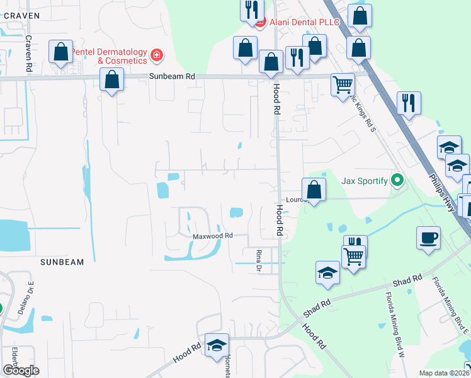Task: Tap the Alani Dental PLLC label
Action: [x=304, y=22]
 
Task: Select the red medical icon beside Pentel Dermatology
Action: [x=156, y=57]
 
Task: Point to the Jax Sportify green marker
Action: [x=397, y=181]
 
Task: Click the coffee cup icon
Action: [x=428, y=238]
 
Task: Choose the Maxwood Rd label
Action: [x=213, y=236]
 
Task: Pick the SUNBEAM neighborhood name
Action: [x=62, y=261]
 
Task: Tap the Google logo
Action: [x=21, y=370]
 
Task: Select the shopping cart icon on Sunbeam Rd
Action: [x=343, y=84]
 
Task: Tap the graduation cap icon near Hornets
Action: [x=217, y=345]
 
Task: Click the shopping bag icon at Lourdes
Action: [x=314, y=189]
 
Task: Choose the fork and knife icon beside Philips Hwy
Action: [x=409, y=103]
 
